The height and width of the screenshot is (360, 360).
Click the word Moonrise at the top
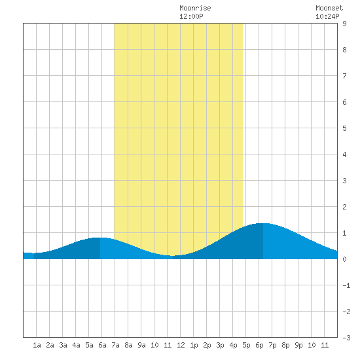click(x=195, y=8)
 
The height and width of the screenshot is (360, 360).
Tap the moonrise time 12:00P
click(x=191, y=16)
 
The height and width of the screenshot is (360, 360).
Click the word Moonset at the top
click(x=329, y=8)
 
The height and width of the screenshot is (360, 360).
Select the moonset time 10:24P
click(x=327, y=16)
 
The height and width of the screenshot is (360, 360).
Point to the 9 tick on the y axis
click(x=344, y=24)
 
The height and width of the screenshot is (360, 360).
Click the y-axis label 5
click(x=344, y=128)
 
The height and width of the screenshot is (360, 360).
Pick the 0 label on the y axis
click(x=344, y=259)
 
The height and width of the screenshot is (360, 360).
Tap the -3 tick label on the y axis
click(x=346, y=338)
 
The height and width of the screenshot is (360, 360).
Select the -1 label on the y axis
click(x=346, y=285)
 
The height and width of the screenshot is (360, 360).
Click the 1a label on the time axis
click(x=37, y=345)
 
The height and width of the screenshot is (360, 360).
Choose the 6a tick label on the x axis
click(x=102, y=345)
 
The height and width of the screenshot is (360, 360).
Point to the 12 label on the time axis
click(x=181, y=345)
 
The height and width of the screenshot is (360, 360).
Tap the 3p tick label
click(x=220, y=345)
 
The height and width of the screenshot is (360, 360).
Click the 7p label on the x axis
click(x=272, y=345)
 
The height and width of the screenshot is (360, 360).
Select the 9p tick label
click(x=298, y=345)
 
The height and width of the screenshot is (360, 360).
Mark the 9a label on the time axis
click(x=141, y=345)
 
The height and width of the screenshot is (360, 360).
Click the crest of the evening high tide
click(x=263, y=223)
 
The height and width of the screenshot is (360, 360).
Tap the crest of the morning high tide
click(x=100, y=238)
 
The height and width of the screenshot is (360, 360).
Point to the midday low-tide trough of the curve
click(x=173, y=255)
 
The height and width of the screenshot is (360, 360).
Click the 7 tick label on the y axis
click(x=344, y=76)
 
